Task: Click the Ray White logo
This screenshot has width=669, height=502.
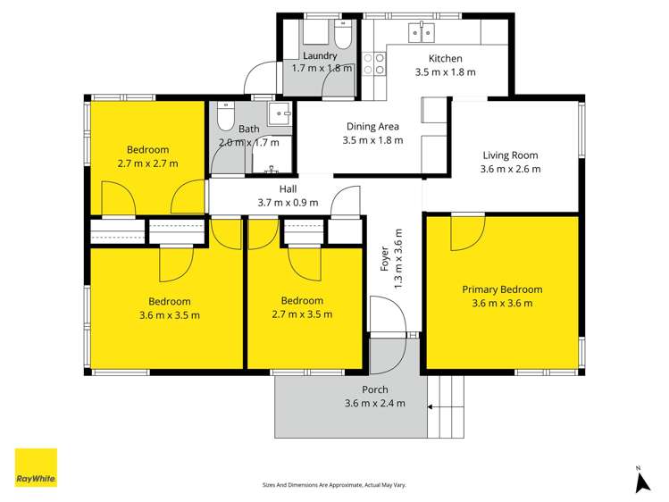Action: (36, 467)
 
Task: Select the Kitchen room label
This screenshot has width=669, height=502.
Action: (445, 59)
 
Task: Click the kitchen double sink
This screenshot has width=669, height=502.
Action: (420, 34)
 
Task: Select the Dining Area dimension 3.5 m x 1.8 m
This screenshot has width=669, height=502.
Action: (372, 140)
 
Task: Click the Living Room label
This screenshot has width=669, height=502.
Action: (510, 155)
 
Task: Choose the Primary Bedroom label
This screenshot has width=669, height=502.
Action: (502, 289)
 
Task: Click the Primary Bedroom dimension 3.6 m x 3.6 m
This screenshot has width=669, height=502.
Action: (502, 303)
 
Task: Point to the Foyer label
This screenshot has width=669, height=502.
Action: (385, 260)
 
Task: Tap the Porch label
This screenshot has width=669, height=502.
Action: (374, 389)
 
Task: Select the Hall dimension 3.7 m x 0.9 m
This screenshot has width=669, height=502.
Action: (288, 203)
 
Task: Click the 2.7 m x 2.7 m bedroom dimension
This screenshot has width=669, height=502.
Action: (147, 163)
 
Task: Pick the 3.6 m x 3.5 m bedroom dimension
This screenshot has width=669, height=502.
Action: (169, 314)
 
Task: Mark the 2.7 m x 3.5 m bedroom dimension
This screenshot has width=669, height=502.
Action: (302, 314)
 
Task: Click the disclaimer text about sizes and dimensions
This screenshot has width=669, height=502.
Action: (334, 484)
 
